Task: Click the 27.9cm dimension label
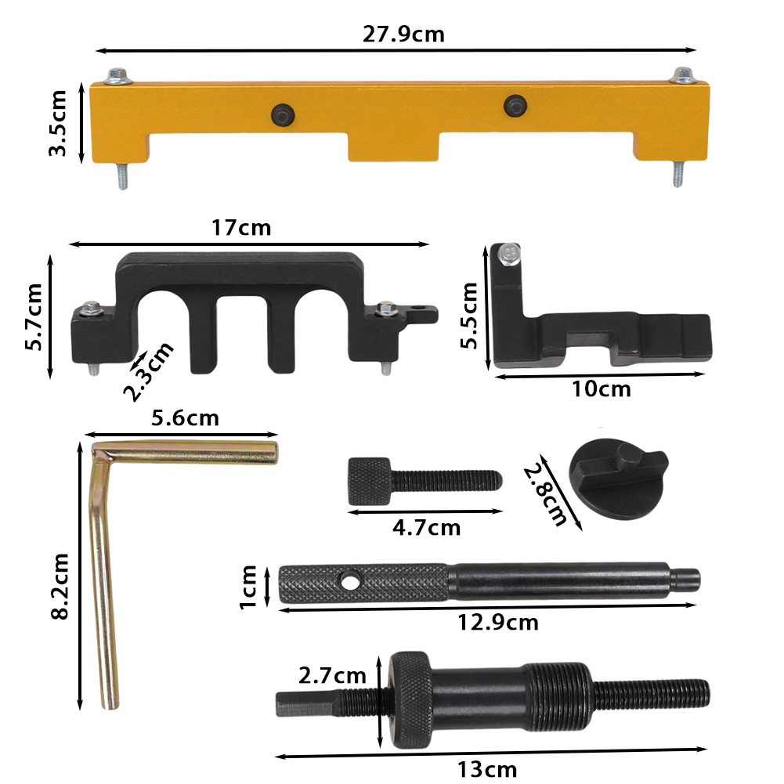(x=403, y=34)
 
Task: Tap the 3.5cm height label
(x=57, y=124)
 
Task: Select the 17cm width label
(x=241, y=228)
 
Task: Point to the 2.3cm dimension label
(x=149, y=371)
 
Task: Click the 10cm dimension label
(x=601, y=389)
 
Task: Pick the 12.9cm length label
(x=498, y=623)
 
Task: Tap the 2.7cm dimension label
(x=333, y=676)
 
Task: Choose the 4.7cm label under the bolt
(x=427, y=528)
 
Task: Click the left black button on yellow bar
(x=283, y=115)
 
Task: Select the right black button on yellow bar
(x=515, y=106)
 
